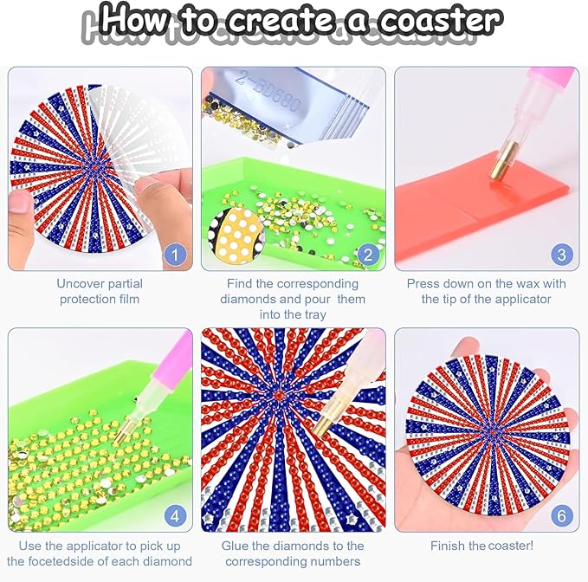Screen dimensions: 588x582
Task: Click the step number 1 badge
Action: [175, 255]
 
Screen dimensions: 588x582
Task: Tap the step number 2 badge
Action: [368, 255]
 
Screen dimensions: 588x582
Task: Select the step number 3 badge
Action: [561, 255]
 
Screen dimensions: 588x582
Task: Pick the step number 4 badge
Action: [175, 516]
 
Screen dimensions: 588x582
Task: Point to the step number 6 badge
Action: [561, 516]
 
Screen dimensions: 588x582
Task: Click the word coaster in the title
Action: [439, 20]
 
